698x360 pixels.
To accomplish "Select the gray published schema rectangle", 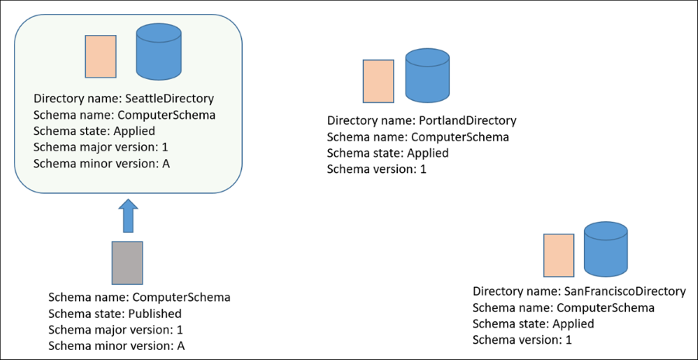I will (x=127, y=262).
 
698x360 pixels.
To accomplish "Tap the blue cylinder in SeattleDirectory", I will (x=159, y=53).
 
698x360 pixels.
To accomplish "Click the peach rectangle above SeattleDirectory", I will (x=101, y=57).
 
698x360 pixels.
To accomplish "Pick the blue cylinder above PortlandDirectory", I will (x=427, y=76).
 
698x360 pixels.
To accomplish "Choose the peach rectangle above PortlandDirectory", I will (x=378, y=81).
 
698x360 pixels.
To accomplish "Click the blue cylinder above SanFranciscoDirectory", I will (x=606, y=249).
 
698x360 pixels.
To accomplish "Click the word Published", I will (x=155, y=313).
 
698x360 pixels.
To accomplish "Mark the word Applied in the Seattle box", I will (x=135, y=131).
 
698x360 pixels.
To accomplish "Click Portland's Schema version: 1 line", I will (x=377, y=170).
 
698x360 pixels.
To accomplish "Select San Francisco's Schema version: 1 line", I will (x=523, y=340).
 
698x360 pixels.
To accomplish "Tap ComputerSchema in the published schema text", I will (x=181, y=297).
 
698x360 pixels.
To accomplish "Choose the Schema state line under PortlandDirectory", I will (x=388, y=154).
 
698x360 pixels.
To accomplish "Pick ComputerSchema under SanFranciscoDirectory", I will (x=606, y=307).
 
